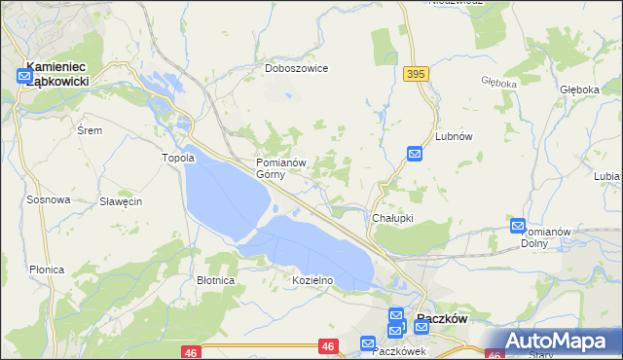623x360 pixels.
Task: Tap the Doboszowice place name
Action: [297, 69]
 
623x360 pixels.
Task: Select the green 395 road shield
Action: [417, 74]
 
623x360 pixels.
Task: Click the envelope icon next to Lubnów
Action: [415, 154]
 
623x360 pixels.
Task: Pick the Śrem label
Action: [89, 129]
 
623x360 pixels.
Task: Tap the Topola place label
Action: [179, 158]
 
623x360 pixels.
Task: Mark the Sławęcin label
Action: [122, 201]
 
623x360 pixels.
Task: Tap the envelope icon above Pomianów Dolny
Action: [518, 226]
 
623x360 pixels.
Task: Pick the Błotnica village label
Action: [216, 280]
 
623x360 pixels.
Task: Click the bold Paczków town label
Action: [443, 318]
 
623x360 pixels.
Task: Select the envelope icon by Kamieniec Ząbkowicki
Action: [24, 73]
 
